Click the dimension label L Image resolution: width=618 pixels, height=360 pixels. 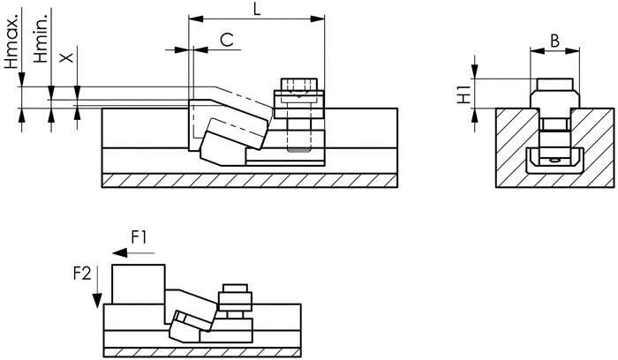[257, 8]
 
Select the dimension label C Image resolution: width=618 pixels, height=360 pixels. [227, 40]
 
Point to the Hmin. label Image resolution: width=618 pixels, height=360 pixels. [41, 39]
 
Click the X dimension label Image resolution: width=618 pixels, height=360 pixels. [66, 57]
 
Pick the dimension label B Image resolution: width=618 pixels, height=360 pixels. [554, 41]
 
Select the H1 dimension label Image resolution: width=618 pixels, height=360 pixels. [463, 94]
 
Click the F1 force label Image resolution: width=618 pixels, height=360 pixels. [139, 238]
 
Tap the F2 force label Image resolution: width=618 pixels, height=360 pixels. [82, 273]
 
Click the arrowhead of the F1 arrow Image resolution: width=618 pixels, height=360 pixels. [120, 252]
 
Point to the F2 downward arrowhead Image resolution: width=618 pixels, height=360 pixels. [97, 301]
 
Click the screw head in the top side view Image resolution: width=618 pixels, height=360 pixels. [299, 85]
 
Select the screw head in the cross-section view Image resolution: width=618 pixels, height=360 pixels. [555, 85]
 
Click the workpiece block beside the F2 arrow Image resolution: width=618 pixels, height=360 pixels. [139, 284]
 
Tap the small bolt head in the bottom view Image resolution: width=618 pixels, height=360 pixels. [236, 289]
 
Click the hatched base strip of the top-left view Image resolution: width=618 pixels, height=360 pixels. [250, 180]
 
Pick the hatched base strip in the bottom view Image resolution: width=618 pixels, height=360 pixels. [202, 352]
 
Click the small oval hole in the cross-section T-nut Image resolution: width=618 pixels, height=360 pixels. [554, 161]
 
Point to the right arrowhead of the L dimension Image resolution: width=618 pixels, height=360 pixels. [317, 19]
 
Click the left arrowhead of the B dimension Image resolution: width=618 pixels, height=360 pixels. [538, 50]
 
